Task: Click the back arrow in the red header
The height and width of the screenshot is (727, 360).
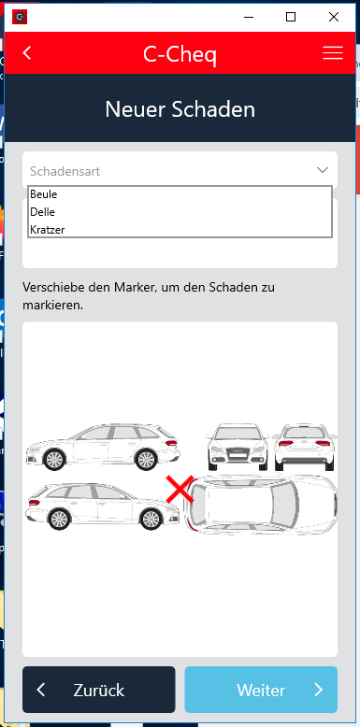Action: pos(27,53)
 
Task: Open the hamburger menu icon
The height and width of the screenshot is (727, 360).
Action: pos(333,53)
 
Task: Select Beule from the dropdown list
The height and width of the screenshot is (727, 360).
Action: pos(44,194)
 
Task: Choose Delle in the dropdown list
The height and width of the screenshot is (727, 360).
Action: pos(42,212)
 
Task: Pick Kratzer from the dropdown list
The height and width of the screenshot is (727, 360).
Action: pos(48,229)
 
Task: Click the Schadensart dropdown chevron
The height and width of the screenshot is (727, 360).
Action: pos(323,170)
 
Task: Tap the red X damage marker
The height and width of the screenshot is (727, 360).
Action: pos(180,490)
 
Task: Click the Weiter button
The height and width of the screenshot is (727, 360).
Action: pos(261,690)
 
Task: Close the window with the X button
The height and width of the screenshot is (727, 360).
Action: pos(334,17)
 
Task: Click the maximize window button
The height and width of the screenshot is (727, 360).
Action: pos(291,17)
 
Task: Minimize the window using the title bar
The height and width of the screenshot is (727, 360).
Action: pos(249,17)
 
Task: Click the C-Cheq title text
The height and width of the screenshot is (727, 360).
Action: pos(180,55)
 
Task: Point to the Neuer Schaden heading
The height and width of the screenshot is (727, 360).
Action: pos(180,109)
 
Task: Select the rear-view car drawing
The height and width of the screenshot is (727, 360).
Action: pos(304,447)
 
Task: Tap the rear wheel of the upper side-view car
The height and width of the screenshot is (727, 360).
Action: pos(54,459)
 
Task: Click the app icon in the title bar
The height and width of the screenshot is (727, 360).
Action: pos(20,17)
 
